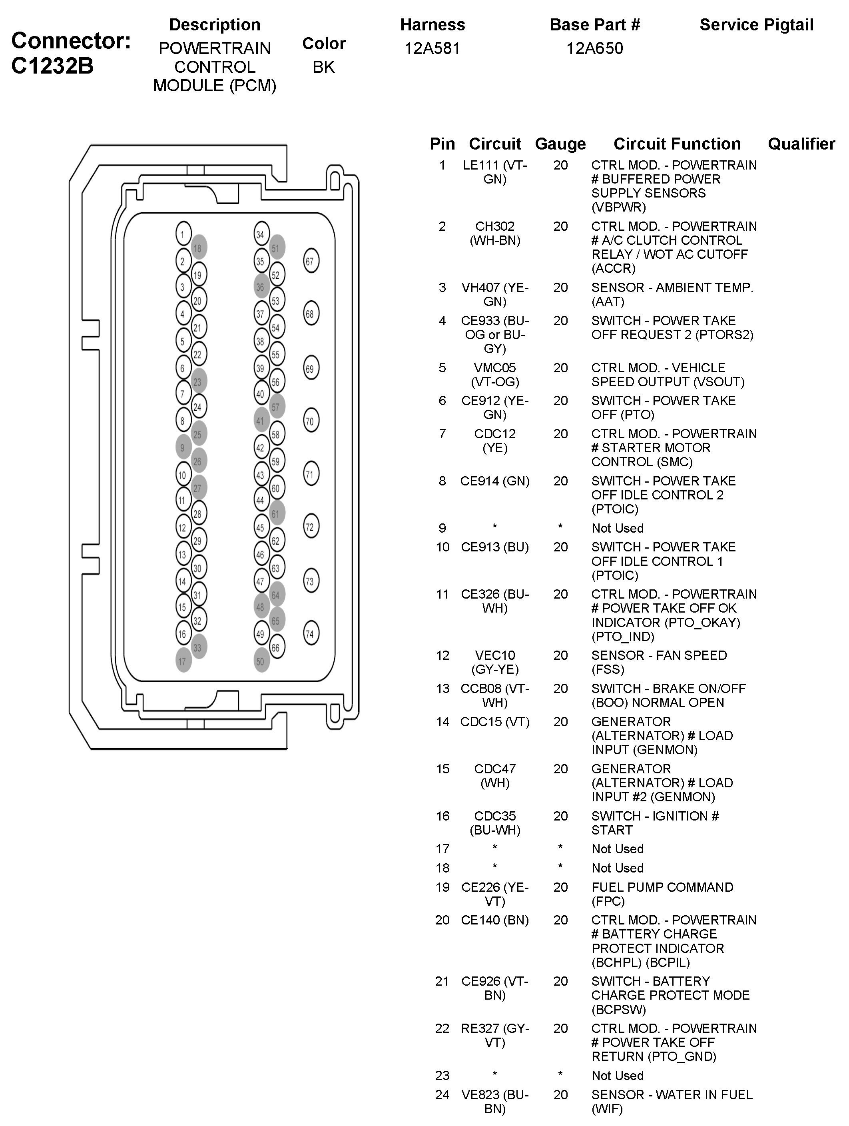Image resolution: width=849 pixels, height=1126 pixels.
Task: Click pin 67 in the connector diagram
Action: pyautogui.click(x=311, y=261)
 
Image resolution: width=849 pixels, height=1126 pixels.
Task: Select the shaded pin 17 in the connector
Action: pyautogui.click(x=183, y=660)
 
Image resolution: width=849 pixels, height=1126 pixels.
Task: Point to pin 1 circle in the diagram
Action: pyautogui.click(x=183, y=234)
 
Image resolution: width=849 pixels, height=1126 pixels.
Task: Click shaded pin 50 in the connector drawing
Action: pyautogui.click(x=261, y=660)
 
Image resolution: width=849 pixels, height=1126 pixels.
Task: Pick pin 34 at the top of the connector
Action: pyautogui.click(x=261, y=234)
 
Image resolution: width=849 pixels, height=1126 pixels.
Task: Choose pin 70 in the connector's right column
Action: pyautogui.click(x=311, y=421)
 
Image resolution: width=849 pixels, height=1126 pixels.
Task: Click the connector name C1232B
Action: pyautogui.click(x=52, y=66)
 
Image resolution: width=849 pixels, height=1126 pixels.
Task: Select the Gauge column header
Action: pyautogui.click(x=560, y=144)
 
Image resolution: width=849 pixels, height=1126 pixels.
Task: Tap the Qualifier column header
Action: pyautogui.click(x=801, y=144)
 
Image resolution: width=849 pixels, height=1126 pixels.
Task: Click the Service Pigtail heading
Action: pyautogui.click(x=756, y=24)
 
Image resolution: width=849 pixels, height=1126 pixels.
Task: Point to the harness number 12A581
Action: pyautogui.click(x=432, y=48)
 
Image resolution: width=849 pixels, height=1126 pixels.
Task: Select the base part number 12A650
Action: pyautogui.click(x=594, y=48)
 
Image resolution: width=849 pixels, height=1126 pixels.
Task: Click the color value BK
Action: pyautogui.click(x=324, y=67)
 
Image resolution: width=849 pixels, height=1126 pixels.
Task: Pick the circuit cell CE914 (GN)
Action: pyautogui.click(x=495, y=481)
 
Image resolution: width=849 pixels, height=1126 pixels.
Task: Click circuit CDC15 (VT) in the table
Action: pyautogui.click(x=495, y=721)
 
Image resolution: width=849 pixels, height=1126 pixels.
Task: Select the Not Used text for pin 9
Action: pyautogui.click(x=618, y=528)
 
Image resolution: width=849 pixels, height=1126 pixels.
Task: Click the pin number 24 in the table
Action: pyautogui.click(x=442, y=1094)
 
